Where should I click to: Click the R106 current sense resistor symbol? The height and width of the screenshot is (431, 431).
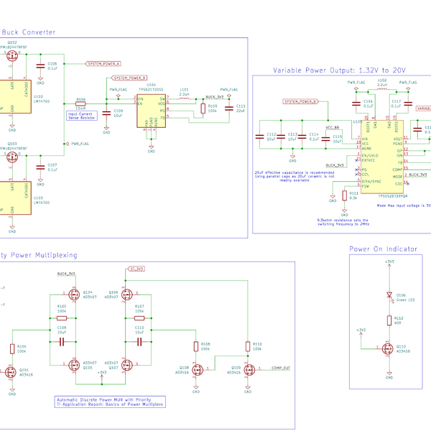[x=80, y=103]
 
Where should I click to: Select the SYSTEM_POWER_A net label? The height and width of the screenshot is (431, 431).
[x=104, y=64]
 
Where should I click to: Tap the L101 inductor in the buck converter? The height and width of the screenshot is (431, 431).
[x=184, y=99]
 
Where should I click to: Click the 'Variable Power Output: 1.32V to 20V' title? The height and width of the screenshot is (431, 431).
[x=339, y=70]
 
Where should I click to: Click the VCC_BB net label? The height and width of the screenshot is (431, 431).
[x=332, y=127]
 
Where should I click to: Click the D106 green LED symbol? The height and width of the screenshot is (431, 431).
[x=389, y=295]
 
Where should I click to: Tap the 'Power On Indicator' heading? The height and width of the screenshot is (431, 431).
[x=383, y=249]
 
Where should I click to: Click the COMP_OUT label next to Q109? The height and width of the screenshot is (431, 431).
[x=279, y=368]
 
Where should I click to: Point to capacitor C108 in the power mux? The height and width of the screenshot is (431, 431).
[x=62, y=340]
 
